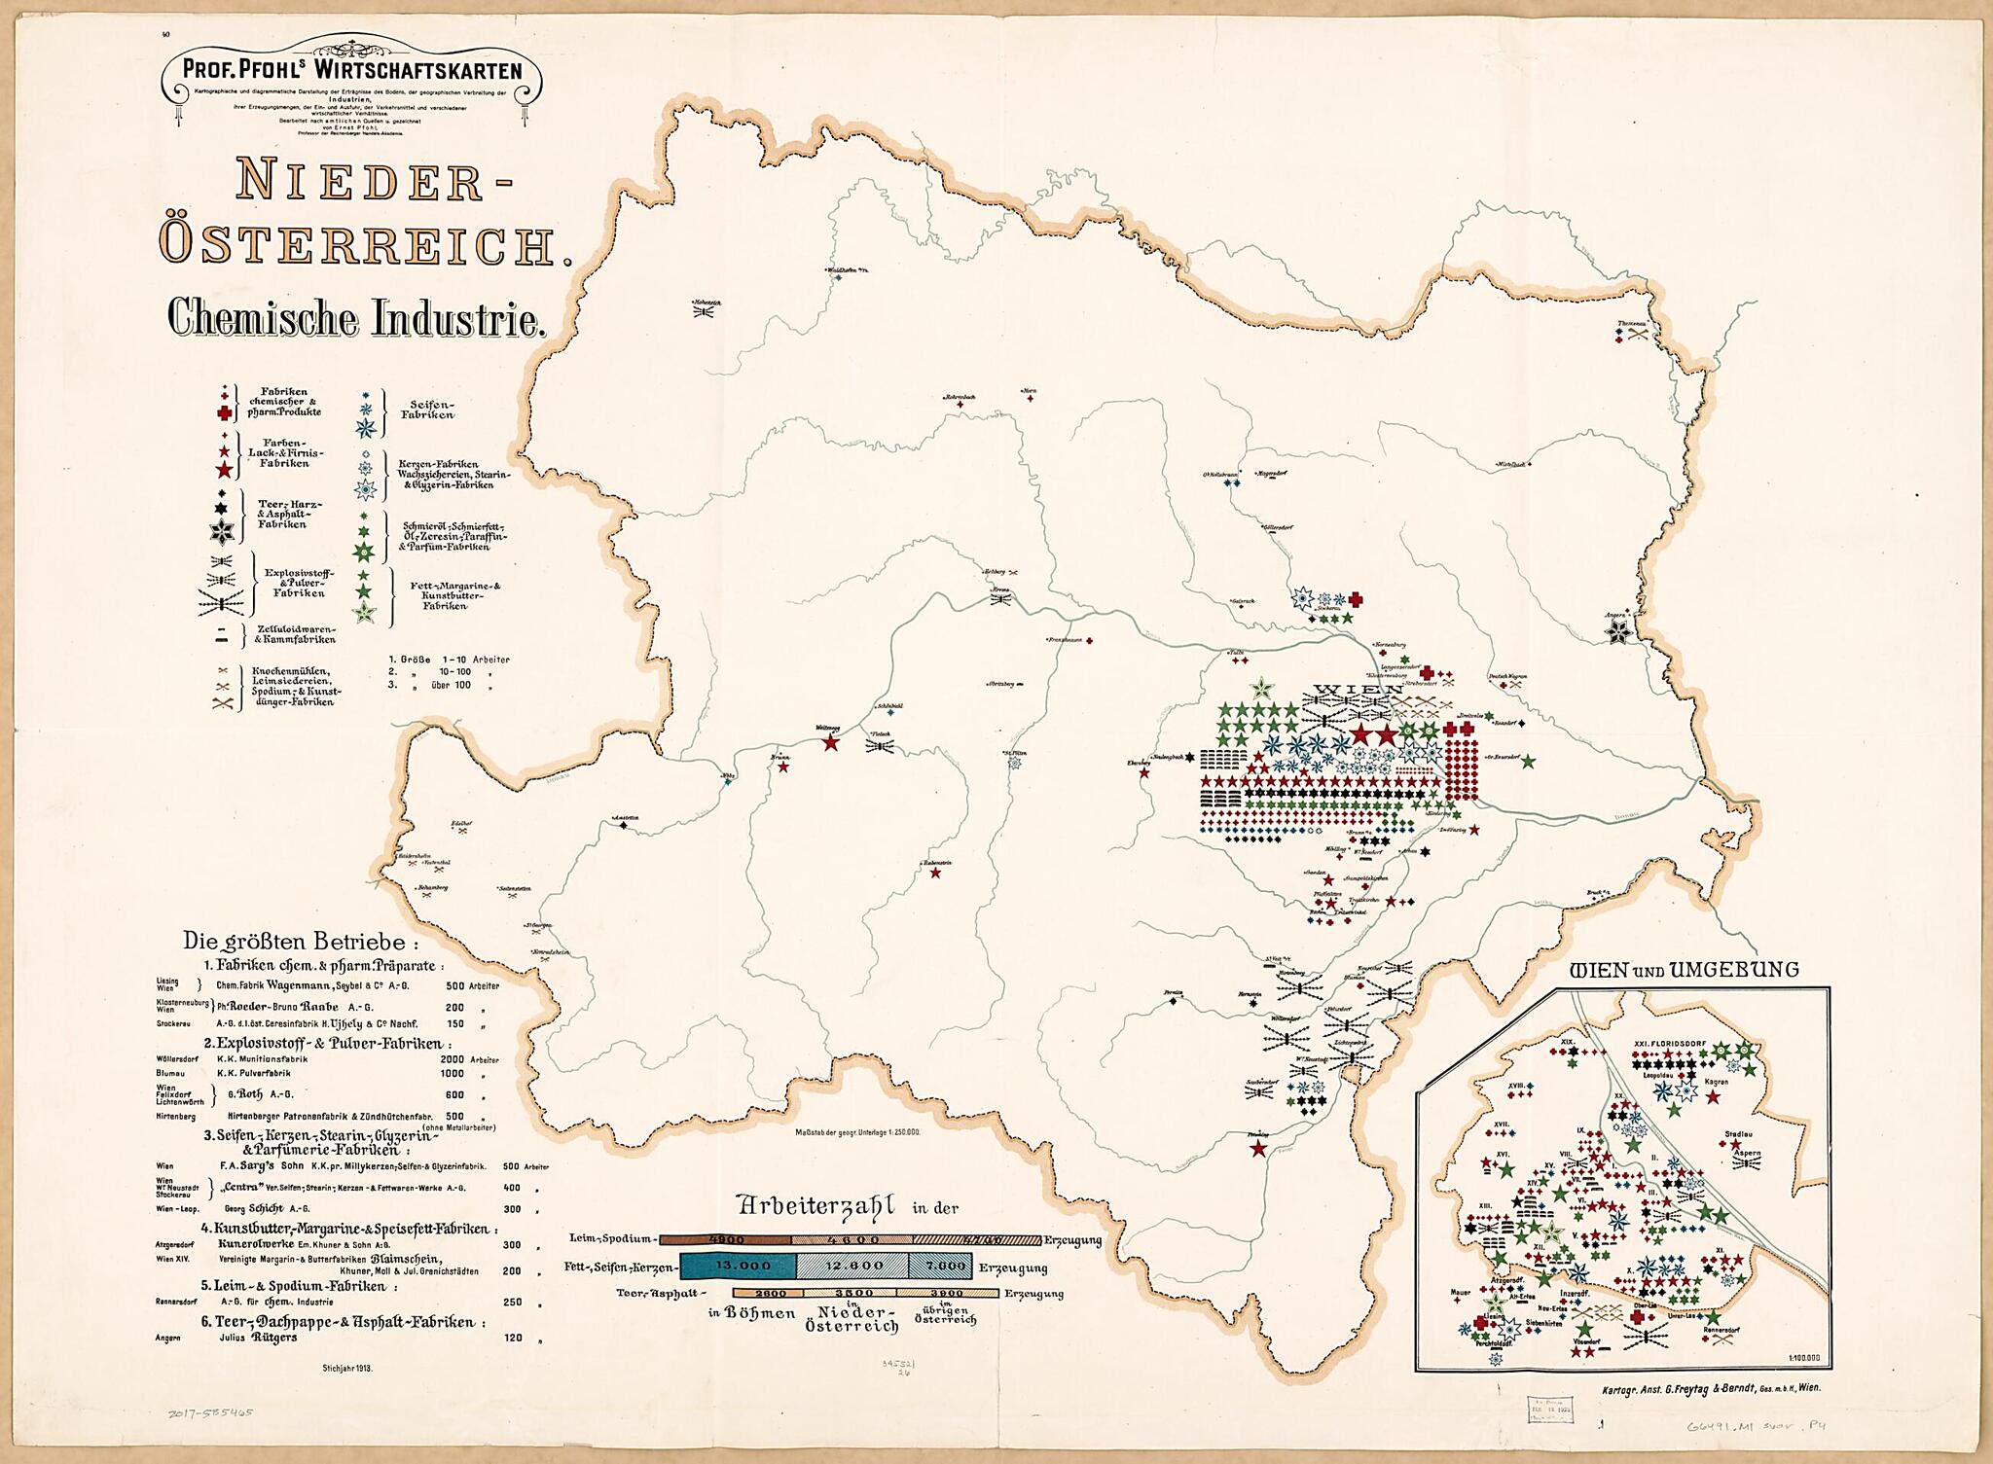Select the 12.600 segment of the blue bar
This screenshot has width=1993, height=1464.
(853, 1266)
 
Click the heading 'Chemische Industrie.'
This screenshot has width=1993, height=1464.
(355, 318)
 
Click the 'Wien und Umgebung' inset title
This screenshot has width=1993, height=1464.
(1685, 970)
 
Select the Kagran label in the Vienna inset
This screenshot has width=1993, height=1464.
(1716, 1082)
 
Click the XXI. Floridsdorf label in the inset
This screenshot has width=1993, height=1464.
(1670, 1044)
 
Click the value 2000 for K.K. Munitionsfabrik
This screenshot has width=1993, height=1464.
(453, 1059)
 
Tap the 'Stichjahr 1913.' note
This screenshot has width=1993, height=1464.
(347, 1368)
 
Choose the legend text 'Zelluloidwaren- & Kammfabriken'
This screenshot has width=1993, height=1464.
(295, 634)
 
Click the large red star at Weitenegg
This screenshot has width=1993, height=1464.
(830, 743)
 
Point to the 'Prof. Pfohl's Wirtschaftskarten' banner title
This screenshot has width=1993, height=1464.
(352, 70)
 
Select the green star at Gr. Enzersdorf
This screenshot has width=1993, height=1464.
(1528, 761)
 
